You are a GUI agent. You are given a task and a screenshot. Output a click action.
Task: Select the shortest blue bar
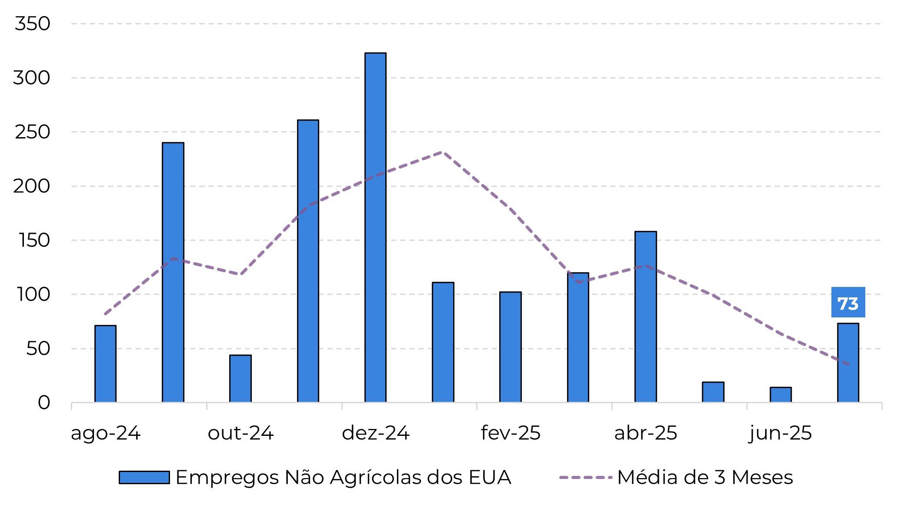781,395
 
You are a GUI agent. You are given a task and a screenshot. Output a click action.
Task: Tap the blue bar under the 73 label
848,363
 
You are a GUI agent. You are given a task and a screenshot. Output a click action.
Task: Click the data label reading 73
848,303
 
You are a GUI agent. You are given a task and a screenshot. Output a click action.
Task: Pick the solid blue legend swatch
144,477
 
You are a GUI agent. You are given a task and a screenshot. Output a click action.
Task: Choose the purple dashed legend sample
586,478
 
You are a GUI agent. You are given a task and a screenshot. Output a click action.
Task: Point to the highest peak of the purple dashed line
442,152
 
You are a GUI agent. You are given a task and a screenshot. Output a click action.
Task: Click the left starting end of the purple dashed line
105,314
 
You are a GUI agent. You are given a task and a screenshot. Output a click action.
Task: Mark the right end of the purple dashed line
849,365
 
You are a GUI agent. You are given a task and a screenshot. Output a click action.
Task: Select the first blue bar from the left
105,364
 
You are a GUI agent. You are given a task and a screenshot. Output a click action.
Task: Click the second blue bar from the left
173,273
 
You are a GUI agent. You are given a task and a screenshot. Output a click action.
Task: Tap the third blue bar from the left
240,379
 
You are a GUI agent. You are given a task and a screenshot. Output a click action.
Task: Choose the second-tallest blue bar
308,261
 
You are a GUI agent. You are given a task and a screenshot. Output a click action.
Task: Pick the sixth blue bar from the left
443,342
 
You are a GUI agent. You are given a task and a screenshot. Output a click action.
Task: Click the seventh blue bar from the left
510,347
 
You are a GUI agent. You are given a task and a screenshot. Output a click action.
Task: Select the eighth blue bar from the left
578,337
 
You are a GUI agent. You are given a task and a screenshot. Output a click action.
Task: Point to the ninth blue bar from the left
646,317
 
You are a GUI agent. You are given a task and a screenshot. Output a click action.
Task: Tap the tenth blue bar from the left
713,392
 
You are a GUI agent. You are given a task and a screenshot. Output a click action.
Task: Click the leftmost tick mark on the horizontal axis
72,406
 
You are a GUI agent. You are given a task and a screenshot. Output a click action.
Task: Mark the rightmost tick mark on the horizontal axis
882,406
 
